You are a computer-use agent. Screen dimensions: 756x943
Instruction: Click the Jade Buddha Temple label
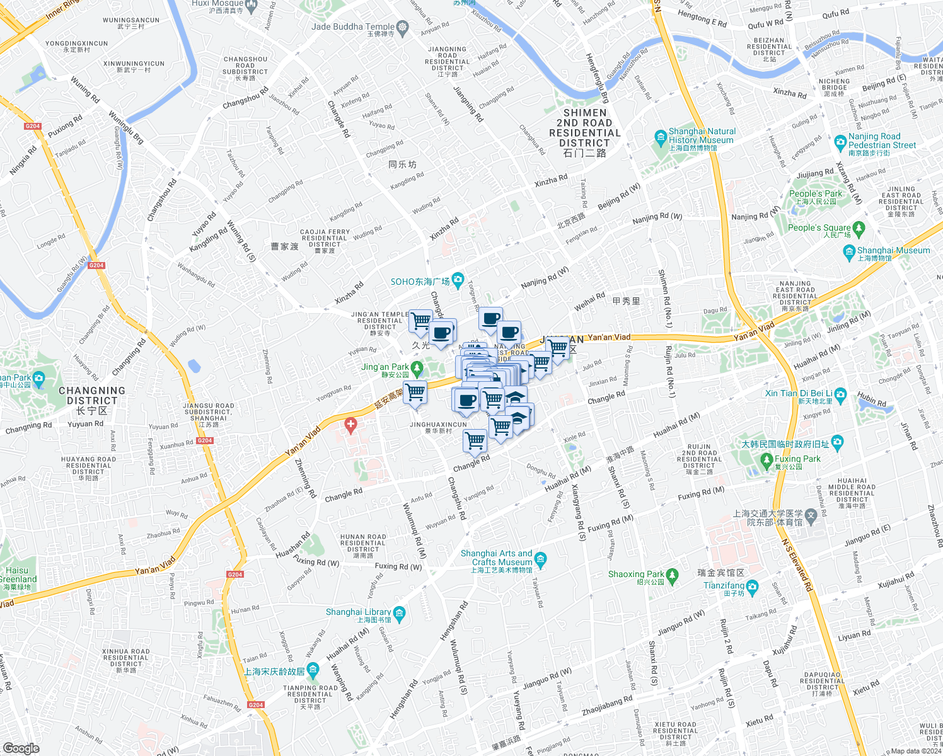(353, 26)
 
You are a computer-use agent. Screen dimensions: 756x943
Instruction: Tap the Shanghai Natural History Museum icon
(661, 136)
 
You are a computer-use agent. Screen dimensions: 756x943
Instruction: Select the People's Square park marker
(859, 227)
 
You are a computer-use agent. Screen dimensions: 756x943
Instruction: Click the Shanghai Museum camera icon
(848, 251)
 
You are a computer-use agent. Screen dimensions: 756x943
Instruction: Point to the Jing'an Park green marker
(416, 367)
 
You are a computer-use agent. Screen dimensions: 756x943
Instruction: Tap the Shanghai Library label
(358, 612)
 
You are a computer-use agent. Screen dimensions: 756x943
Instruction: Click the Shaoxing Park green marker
(672, 575)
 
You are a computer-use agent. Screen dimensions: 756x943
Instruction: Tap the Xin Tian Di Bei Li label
(798, 393)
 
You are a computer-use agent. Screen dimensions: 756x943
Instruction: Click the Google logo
(21, 748)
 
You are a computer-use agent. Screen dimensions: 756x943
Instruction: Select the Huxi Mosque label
(217, 3)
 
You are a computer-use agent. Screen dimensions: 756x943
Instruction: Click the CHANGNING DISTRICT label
(92, 396)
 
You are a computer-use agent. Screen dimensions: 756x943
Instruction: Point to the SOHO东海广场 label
(420, 282)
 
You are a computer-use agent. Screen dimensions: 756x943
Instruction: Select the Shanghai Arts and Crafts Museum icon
(540, 558)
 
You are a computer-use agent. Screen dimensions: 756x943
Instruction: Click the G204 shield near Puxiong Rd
(33, 126)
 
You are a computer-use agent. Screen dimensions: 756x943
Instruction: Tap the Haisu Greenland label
(18, 575)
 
